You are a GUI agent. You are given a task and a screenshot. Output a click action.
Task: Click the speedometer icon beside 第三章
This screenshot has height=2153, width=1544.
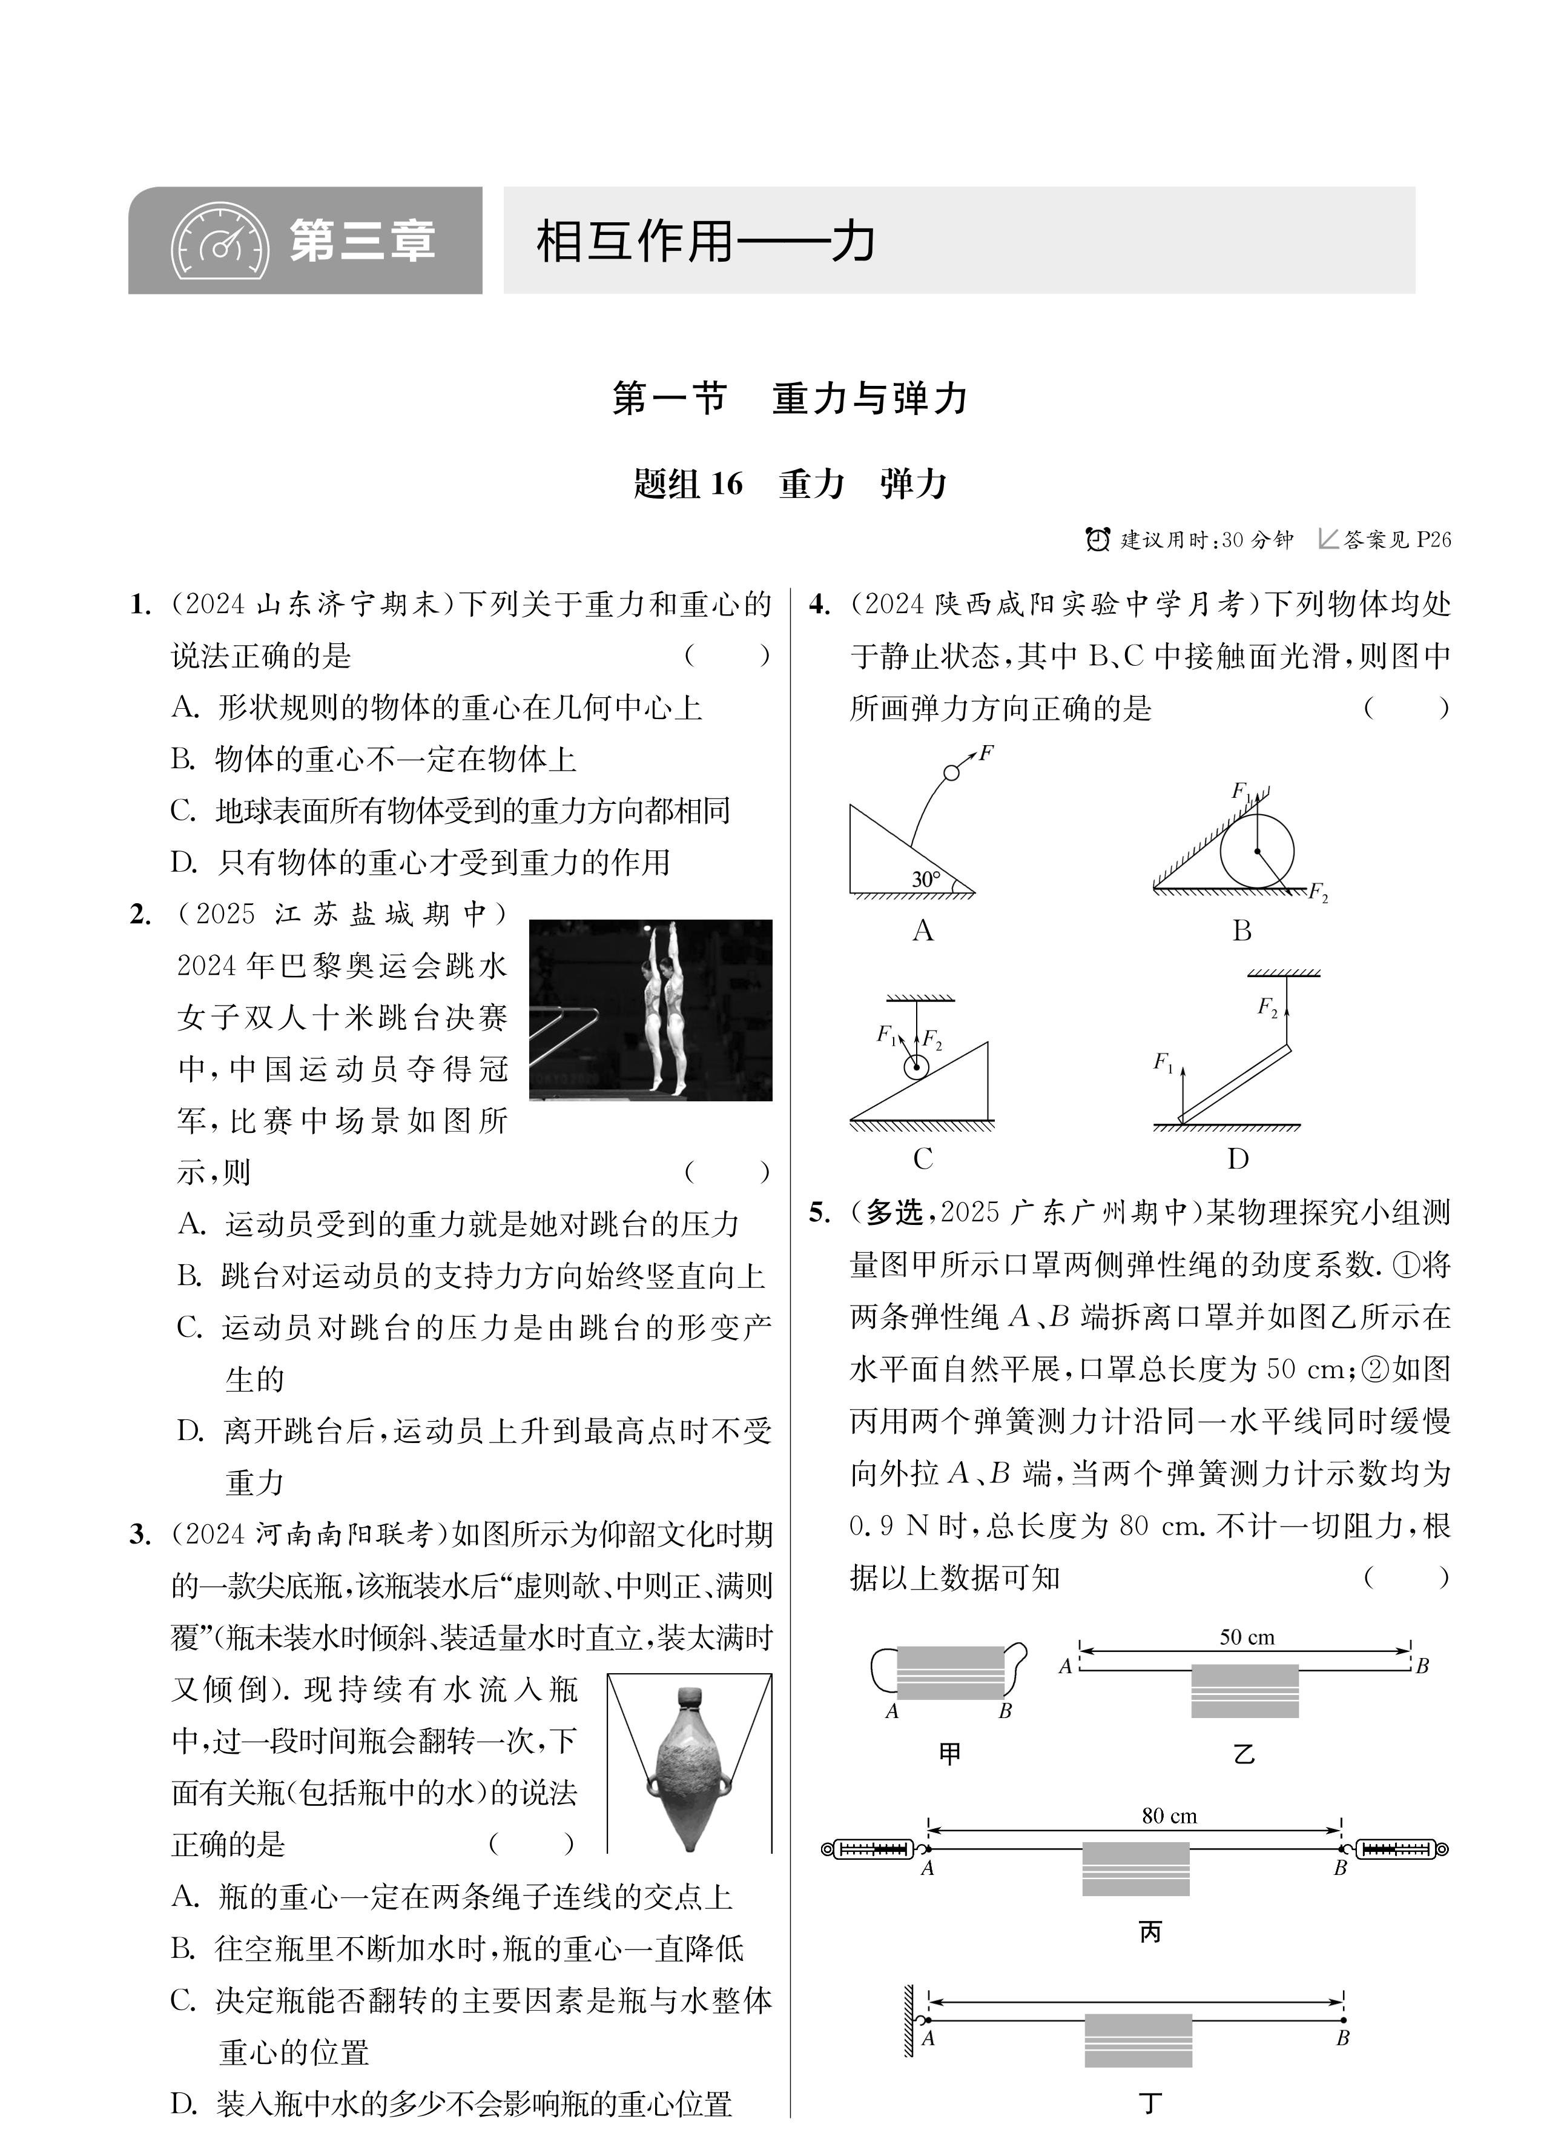220,242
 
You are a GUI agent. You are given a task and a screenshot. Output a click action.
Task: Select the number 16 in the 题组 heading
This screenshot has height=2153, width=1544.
726,483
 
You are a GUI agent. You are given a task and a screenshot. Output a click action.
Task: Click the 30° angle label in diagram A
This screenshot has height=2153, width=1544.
925,879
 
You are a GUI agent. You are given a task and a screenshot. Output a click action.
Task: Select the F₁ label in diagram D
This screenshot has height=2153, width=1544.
1163,1062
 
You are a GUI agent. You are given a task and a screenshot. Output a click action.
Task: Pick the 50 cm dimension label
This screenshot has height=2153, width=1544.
1247,1637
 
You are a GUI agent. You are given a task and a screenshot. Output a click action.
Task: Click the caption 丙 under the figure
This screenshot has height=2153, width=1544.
1149,1932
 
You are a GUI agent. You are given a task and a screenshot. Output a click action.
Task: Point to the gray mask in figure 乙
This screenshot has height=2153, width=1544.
1244,1691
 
